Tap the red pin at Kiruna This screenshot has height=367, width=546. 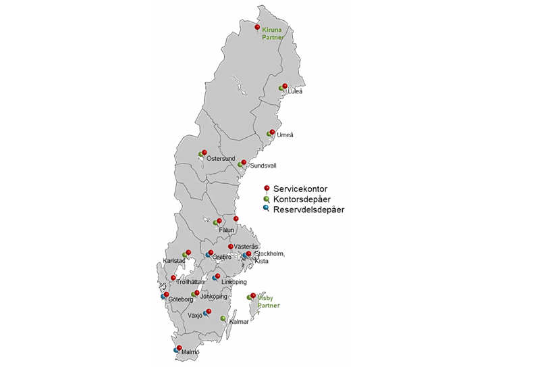[258, 26]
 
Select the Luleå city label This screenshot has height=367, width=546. [296, 92]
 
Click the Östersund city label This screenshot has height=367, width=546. [221, 159]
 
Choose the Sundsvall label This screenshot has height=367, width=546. [263, 166]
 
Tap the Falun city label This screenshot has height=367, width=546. [226, 230]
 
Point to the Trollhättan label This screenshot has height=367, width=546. [190, 282]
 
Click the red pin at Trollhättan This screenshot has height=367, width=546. [173, 277]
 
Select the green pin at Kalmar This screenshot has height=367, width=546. [223, 318]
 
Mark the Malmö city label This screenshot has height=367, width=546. [191, 352]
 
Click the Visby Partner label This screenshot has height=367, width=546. [268, 301]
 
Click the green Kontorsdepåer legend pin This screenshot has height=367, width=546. [267, 199]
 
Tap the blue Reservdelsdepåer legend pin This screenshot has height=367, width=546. [267, 209]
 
